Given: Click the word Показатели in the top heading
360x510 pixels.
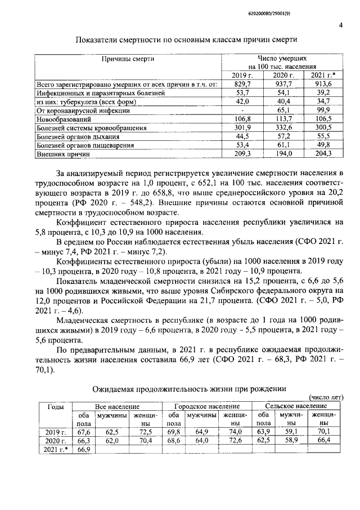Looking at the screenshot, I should point(98,39).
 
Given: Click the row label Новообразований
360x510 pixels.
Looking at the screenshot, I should point(65,119).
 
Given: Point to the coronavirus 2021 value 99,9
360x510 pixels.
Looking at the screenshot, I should point(322,110).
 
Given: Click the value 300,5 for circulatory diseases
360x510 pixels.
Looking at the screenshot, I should point(322,128).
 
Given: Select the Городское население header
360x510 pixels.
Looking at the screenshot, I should point(206,406).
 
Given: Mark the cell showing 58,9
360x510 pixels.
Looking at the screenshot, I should point(288,441).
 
